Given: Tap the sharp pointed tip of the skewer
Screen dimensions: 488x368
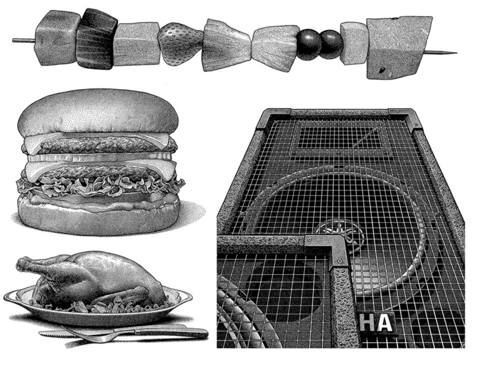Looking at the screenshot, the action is pyautogui.click(x=457, y=53).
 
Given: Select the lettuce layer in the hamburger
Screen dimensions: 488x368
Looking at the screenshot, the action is pyautogui.click(x=100, y=186).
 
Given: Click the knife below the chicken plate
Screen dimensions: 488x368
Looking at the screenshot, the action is pyautogui.click(x=125, y=333).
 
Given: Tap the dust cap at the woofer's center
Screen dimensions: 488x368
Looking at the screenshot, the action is pyautogui.click(x=340, y=231).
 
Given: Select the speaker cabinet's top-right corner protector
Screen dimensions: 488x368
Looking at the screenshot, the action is pyautogui.click(x=405, y=118).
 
